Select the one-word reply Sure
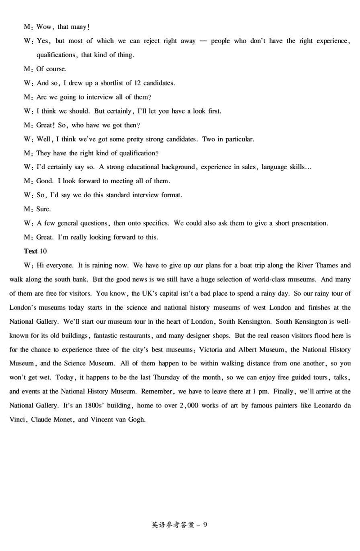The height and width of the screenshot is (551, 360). click(44, 209)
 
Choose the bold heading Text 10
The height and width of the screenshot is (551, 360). click(35, 251)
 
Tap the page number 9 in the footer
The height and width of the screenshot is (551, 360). click(206, 524)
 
